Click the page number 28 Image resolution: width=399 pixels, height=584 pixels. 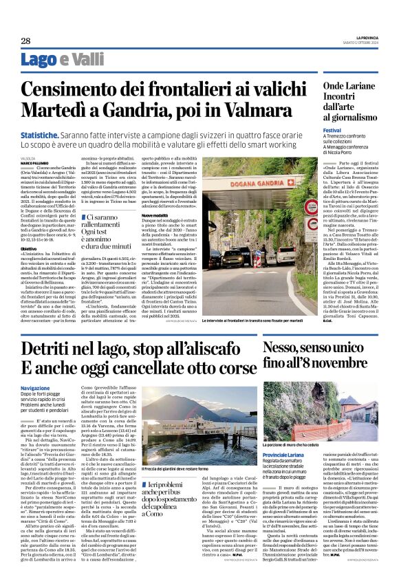[25, 41]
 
